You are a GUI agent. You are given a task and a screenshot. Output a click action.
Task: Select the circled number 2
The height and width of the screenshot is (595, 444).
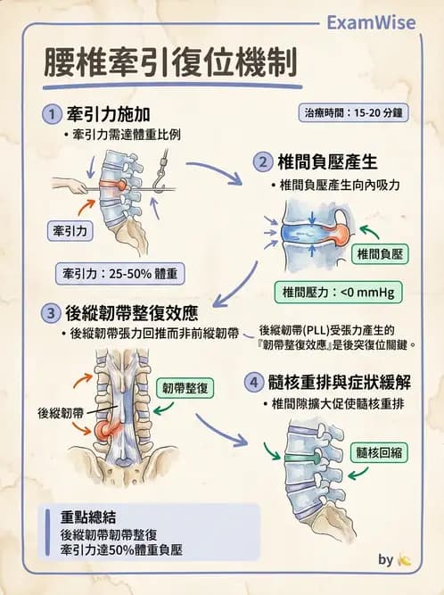pyautogui.click(x=262, y=162)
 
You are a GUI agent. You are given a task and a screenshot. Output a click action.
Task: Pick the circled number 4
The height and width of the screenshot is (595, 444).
pyautogui.click(x=254, y=383)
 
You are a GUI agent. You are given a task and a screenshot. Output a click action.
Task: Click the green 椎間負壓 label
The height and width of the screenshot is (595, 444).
pyautogui.click(x=380, y=254)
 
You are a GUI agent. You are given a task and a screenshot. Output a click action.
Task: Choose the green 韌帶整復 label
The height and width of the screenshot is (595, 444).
pyautogui.click(x=185, y=388)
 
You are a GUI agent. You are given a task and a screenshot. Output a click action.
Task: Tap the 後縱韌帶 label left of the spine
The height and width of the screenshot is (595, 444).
pyautogui.click(x=61, y=413)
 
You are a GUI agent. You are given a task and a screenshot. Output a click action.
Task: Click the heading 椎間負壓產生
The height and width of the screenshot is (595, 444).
pyautogui.click(x=330, y=162)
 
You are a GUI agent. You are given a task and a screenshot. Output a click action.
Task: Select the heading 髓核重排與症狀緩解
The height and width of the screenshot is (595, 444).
pyautogui.click(x=341, y=383)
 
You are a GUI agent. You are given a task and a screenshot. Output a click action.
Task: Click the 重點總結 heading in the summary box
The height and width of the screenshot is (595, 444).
pyautogui.click(x=86, y=517)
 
